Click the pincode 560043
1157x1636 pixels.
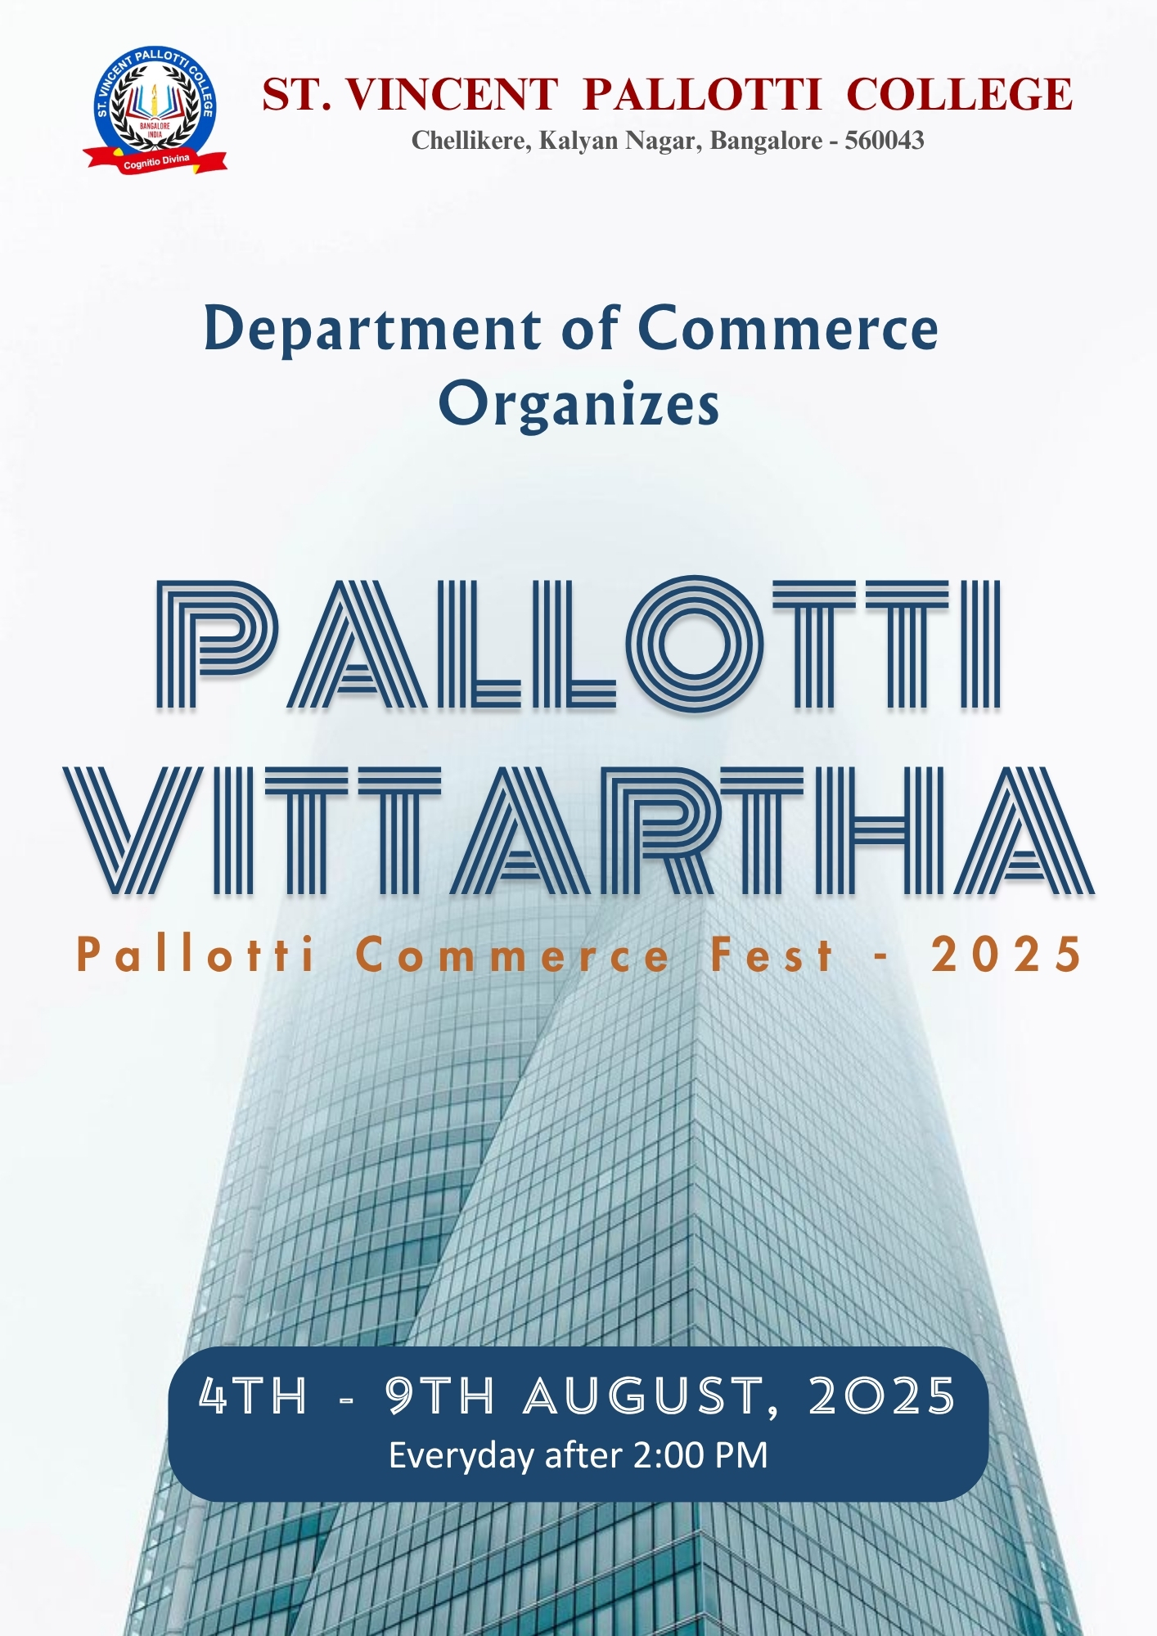(885, 141)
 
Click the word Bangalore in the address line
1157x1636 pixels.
(766, 141)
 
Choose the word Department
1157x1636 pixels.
(372, 330)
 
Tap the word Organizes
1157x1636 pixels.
(578, 403)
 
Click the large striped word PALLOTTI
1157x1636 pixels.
(578, 644)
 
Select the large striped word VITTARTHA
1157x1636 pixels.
(578, 829)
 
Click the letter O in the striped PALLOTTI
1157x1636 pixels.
(696, 644)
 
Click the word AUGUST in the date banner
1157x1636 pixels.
(644, 1396)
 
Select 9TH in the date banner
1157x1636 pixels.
(440, 1396)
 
